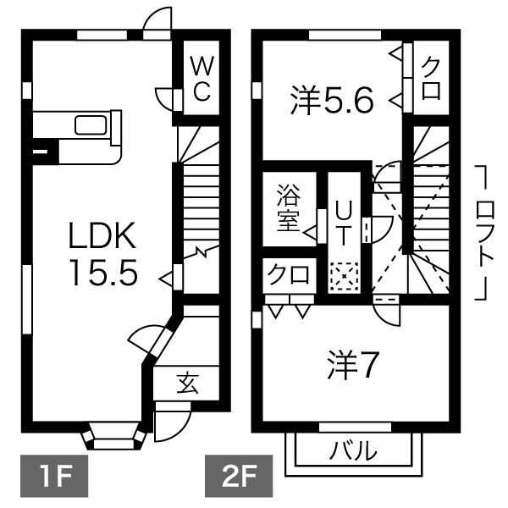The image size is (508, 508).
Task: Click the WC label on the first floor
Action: tap(202, 78)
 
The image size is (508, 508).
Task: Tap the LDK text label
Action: tap(102, 235)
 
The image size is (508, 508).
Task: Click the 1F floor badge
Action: tap(54, 476)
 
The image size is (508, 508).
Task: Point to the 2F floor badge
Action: tap(239, 476)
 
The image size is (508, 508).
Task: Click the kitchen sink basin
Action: tap(91, 124)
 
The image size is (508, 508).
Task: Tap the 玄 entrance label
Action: tap(188, 383)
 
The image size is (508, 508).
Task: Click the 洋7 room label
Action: tap(353, 364)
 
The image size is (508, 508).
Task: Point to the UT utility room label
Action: tap(344, 223)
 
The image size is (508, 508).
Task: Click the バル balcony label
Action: tap(353, 450)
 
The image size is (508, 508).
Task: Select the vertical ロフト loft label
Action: tap(485, 233)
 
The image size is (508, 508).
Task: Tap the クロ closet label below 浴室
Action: tap(288, 274)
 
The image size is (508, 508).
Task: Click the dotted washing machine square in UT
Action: tap(344, 276)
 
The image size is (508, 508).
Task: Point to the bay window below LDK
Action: tap(113, 436)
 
